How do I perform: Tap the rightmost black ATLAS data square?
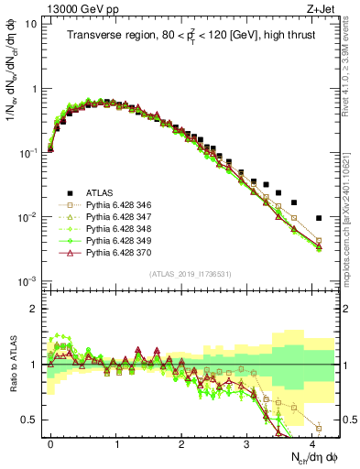[319, 218]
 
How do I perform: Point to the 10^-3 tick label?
[27, 281]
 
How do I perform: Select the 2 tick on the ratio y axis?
[34, 309]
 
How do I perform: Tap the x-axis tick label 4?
[312, 442]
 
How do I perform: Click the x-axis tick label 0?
[51, 442]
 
